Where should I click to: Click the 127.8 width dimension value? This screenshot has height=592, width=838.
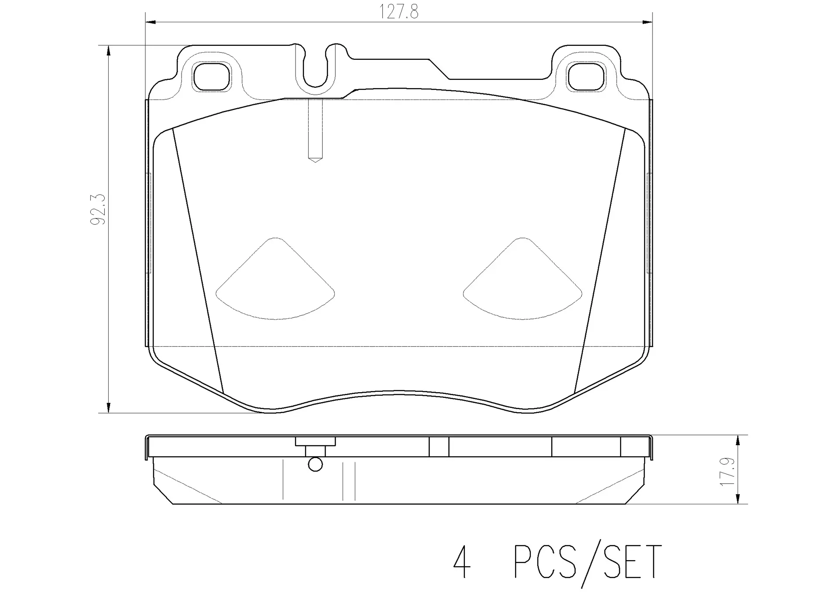pos(398,12)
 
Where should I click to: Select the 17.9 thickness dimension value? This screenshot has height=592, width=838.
pos(728,472)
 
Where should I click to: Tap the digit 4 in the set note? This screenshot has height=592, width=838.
pos(462,562)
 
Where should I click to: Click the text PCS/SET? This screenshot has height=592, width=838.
pos(587,562)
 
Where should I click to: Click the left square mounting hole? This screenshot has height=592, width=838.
pos(211,77)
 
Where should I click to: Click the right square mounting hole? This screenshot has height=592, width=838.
pos(586,77)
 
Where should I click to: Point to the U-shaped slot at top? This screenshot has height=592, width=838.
pos(315,72)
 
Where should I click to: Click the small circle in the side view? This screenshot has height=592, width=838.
pos(315,465)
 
